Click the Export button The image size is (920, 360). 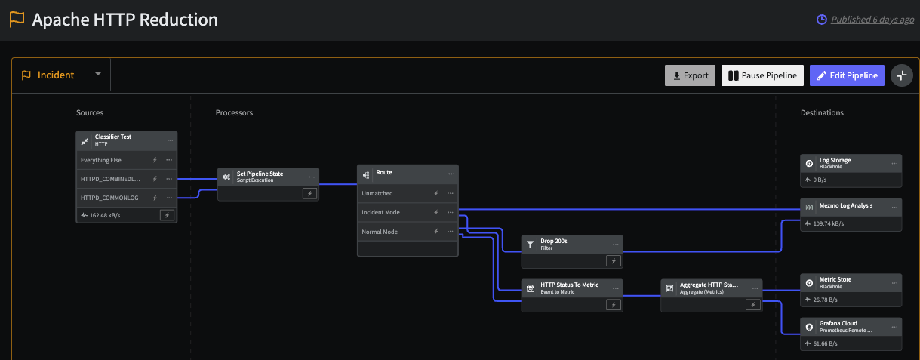point(690,75)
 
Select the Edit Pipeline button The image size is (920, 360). point(847,75)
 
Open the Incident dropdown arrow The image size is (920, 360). point(98,74)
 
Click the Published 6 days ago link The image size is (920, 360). point(872,20)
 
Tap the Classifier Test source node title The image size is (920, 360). point(113,137)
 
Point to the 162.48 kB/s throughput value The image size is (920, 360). point(105,215)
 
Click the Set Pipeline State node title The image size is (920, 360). point(260,174)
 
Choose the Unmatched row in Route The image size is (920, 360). point(408,193)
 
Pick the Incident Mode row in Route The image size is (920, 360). point(408,212)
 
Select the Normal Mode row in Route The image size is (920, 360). point(408,232)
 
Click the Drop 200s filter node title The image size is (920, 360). point(554,241)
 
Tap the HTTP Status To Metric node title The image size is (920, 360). point(569,285)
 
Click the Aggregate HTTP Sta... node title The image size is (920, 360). point(709,285)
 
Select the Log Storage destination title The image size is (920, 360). point(835,160)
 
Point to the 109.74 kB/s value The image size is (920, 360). point(829,223)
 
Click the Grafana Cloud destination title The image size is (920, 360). point(838,323)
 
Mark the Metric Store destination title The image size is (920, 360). point(835,279)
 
